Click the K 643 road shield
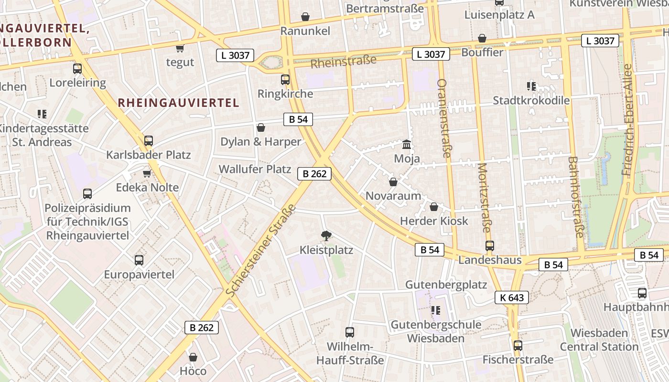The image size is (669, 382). click(x=512, y=298)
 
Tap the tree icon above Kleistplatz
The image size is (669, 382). click(x=326, y=235)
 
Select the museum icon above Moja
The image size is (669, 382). click(x=407, y=144)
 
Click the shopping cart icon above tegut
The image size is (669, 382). click(x=180, y=48)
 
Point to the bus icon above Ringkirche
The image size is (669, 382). click(x=285, y=79)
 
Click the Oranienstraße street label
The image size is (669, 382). click(x=444, y=118)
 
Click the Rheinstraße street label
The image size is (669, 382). click(x=343, y=62)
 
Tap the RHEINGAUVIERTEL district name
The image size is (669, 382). click(x=178, y=103)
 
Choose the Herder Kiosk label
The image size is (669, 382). click(x=434, y=221)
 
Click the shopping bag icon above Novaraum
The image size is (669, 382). click(x=393, y=182)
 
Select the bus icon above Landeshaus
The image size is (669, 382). click(x=489, y=246)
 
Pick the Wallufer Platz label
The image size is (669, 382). click(x=255, y=169)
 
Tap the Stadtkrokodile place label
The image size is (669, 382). click(x=531, y=100)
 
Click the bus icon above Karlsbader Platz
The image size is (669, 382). click(x=149, y=141)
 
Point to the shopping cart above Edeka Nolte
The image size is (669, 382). click(x=147, y=173)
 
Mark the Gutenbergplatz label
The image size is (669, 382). click(x=446, y=285)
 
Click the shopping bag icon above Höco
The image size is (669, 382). click(x=193, y=357)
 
